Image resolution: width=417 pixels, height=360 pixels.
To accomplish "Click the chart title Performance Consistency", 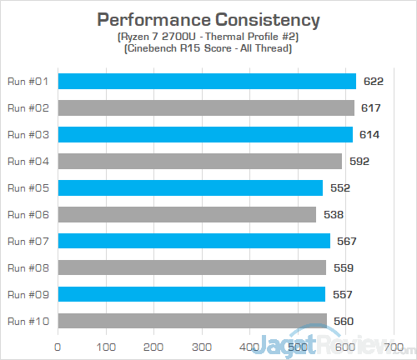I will (x=208, y=19).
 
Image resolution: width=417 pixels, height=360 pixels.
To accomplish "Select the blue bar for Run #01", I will (x=207, y=81).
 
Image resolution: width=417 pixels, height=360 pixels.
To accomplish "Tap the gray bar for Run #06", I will (x=187, y=214).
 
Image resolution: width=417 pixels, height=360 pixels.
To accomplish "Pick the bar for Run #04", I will (x=199, y=161).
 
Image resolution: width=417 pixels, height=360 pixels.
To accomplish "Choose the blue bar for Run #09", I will (x=191, y=294).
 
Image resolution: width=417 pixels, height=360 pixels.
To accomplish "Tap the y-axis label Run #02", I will (x=28, y=107).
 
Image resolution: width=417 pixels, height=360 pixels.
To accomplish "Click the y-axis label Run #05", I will (x=28, y=187).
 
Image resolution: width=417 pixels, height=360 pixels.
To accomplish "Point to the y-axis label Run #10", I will (x=28, y=321).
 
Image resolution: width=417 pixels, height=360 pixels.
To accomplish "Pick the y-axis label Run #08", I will (x=28, y=267).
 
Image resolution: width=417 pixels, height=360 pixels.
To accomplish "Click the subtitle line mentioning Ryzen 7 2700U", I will (x=208, y=37).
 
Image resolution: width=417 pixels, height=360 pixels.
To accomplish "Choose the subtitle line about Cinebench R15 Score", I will (x=208, y=49).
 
